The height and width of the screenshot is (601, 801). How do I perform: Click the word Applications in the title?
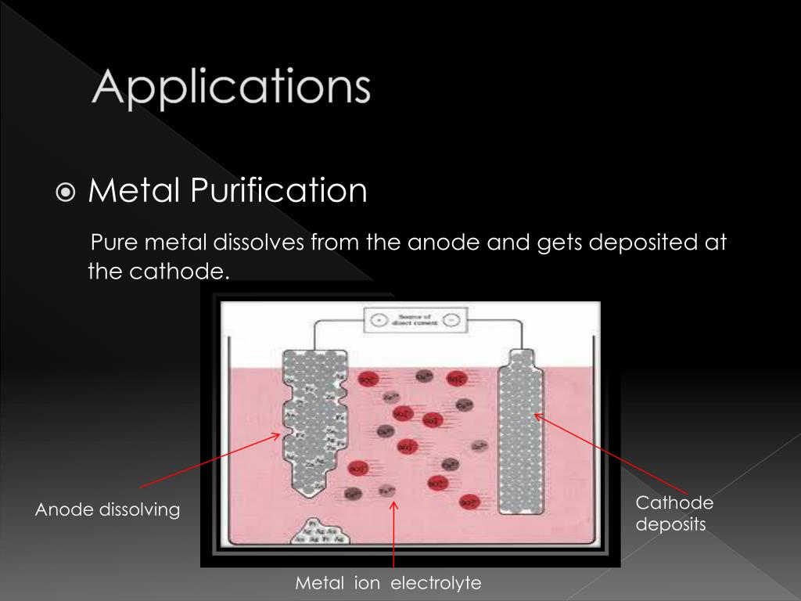point(231,88)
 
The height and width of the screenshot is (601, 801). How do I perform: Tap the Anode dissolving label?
point(107,510)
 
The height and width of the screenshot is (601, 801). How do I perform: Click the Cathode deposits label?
point(674,513)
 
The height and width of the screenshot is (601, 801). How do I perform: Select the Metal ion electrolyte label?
point(388,583)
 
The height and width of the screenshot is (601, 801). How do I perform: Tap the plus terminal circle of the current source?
point(378,320)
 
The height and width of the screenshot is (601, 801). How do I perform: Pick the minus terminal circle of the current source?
point(451,320)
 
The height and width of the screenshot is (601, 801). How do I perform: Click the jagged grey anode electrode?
point(313,423)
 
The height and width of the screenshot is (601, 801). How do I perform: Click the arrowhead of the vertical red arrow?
point(394,506)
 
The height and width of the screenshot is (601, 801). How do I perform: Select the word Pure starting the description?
point(109,243)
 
